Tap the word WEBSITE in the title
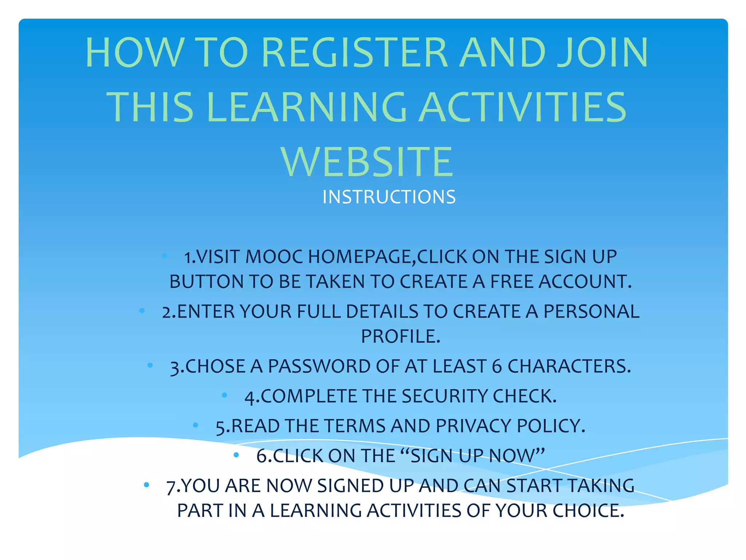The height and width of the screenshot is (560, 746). (x=367, y=162)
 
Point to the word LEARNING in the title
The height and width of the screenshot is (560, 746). (x=306, y=108)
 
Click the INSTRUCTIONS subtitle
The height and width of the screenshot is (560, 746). (x=389, y=197)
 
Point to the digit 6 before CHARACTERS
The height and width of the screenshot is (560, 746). (x=497, y=367)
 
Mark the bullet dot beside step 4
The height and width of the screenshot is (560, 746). (x=224, y=395)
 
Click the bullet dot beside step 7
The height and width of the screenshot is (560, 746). (x=146, y=485)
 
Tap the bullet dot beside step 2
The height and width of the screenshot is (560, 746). (x=142, y=311)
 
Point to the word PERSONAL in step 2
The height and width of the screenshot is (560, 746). (x=591, y=312)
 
